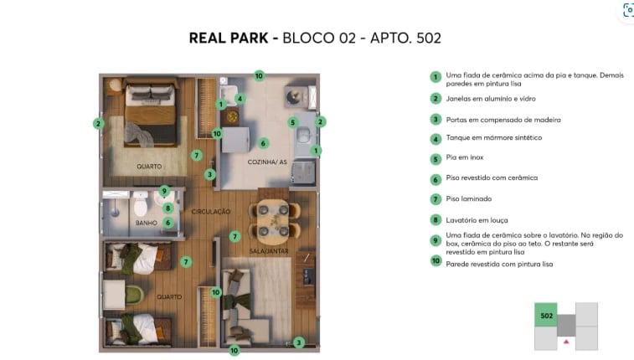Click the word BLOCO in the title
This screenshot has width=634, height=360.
[x=307, y=38]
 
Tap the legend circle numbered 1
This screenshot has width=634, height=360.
[x=436, y=76]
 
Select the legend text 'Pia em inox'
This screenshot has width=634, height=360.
[x=465, y=157]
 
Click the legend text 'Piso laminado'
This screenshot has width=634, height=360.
[x=468, y=199]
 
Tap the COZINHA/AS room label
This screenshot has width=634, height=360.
[x=267, y=161]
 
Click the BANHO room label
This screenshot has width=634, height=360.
[x=147, y=223]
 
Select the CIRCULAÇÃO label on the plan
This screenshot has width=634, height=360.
[x=210, y=212]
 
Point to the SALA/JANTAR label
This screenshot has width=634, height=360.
[x=270, y=251]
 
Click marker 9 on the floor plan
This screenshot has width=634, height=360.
[x=164, y=191]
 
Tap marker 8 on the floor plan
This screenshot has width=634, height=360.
[x=168, y=208]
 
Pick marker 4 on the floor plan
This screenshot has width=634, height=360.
[x=240, y=98]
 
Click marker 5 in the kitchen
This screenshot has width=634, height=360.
[x=293, y=122]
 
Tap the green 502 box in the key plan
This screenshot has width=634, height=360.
[x=546, y=316]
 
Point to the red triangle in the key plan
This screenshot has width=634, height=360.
[x=567, y=342]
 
